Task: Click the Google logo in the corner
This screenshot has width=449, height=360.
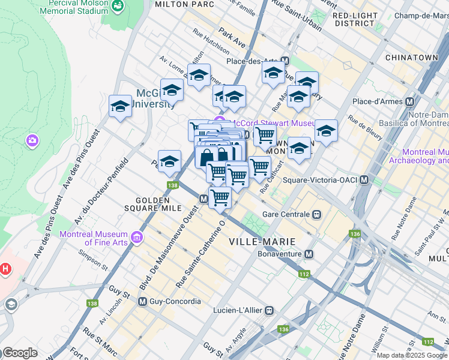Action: point(19,353)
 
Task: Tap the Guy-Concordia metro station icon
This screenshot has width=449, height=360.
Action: point(142,301)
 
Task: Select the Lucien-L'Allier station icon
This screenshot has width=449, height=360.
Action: point(270,310)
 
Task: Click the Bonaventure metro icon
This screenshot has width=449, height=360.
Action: point(309,254)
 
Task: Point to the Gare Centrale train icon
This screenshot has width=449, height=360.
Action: point(316,214)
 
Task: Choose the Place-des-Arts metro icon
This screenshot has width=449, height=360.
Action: point(285,61)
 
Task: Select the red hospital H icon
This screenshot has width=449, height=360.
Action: point(5,269)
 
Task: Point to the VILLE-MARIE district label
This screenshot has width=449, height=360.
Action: point(262,241)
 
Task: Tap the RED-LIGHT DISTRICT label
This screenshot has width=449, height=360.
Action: point(354,19)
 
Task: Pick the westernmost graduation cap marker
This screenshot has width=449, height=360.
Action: point(121,106)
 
